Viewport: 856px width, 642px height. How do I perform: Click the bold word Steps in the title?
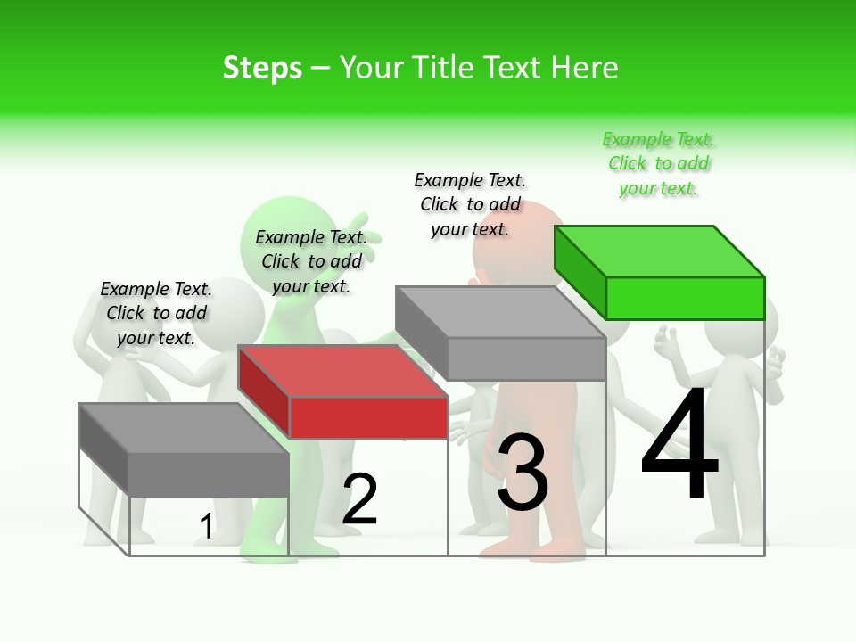262,68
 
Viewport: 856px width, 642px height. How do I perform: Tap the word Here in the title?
585,68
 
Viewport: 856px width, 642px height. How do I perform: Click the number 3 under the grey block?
523,473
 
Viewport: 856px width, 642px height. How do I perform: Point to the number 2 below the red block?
360,499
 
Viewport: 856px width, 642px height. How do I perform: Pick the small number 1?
206,527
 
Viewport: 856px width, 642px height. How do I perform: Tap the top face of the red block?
342,371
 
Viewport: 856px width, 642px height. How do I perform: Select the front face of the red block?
368,417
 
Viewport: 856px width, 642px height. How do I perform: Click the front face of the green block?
685,298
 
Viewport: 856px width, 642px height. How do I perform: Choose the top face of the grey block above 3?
499,312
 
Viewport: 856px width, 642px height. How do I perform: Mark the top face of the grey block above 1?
184,428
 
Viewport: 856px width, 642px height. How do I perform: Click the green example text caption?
658,164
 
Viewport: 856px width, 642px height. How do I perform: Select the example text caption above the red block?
311,261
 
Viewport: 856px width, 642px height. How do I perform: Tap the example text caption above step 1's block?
156,313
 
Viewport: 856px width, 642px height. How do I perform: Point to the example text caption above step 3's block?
470,204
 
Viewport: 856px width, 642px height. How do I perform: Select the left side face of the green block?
580,267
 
